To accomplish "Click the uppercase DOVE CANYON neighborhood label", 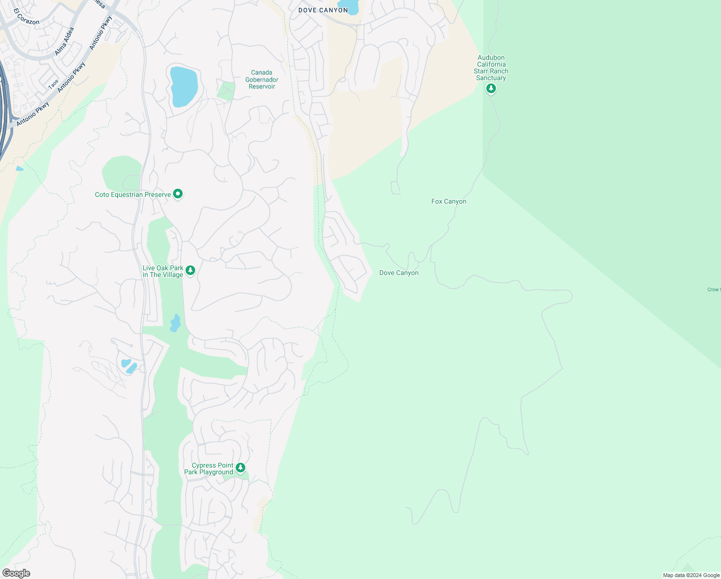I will coord(323,10).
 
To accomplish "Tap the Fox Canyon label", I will coord(449,202).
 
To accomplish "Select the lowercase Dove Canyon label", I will coord(399,273).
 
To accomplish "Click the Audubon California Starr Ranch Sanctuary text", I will coord(491,68).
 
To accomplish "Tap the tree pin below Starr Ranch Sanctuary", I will coord(491,89).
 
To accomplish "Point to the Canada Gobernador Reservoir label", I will coord(262,80).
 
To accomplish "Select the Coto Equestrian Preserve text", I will coord(133,195).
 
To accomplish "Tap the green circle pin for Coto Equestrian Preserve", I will coord(178,194).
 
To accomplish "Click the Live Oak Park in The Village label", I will coord(163,272).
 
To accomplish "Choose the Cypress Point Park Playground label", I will coord(209,469).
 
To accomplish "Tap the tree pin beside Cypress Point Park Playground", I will coord(240,468).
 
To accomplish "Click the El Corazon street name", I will coord(27,16).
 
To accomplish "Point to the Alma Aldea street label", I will coord(64,41).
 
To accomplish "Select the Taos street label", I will coord(53,84).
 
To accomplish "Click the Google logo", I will coord(16,573).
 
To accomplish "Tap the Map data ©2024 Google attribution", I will coord(691,575).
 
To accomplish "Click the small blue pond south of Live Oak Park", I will coord(175,323).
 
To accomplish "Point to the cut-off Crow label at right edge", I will coord(714,289).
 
